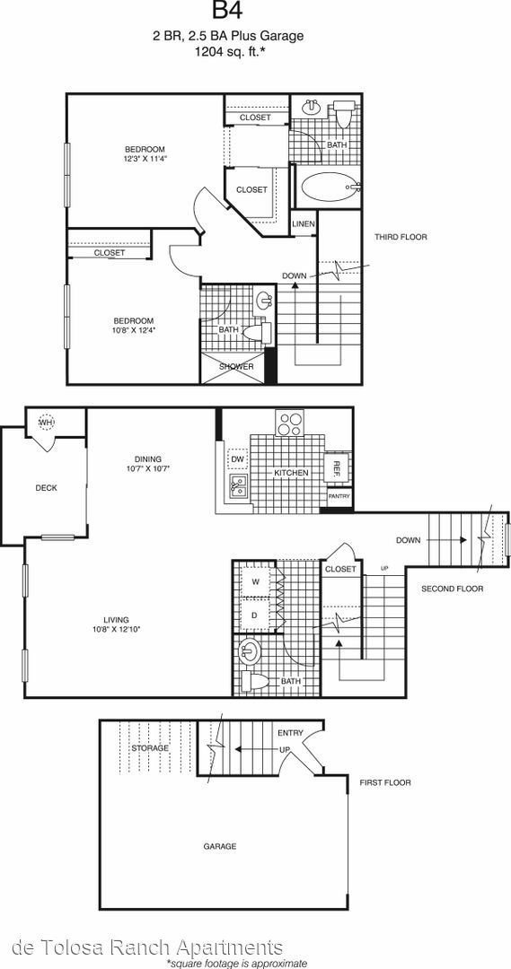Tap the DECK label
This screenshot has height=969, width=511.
(47, 487)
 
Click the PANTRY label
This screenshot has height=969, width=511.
(339, 496)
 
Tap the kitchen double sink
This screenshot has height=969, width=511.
(238, 486)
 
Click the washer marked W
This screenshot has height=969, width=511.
(255, 581)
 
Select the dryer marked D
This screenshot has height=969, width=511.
(255, 615)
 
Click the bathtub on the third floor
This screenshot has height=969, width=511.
(329, 186)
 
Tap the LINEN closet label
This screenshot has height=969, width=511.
(304, 223)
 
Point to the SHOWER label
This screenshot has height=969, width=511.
(239, 366)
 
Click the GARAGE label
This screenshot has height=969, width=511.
(220, 846)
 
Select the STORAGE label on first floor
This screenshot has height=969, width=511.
(150, 747)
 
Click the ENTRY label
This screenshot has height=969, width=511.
(290, 733)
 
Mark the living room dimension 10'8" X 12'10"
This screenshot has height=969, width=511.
(117, 629)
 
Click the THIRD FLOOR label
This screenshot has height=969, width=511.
(401, 237)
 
